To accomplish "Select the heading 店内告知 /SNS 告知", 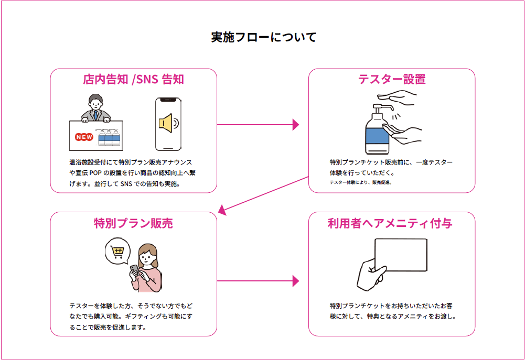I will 133,80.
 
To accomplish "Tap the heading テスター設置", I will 391,79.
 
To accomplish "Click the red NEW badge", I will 84,137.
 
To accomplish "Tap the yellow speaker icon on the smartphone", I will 166,123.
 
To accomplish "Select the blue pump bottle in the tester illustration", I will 376,134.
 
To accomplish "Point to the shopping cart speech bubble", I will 117,252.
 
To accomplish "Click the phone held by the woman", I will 135,270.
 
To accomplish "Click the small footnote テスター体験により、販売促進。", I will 361,182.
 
